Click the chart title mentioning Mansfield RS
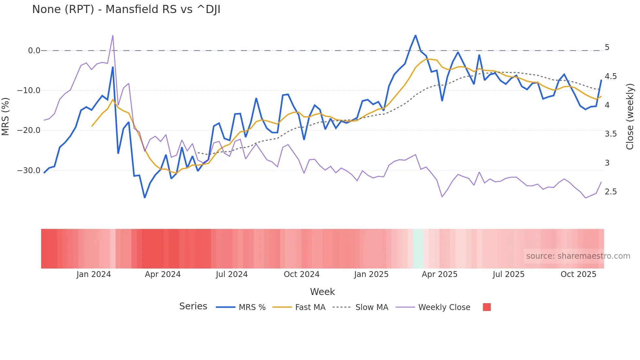[126, 9]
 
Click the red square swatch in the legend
[487, 307]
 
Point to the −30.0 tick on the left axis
[29, 171]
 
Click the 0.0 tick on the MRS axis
[34, 51]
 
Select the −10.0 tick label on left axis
[29, 90]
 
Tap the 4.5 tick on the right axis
[611, 76]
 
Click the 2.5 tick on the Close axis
[611, 192]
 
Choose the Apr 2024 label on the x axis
[163, 274]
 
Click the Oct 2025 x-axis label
[578, 274]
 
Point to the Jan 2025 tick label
[371, 274]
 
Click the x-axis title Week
[322, 292]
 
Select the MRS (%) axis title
[6, 117]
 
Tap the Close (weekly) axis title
[630, 117]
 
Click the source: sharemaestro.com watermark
[578, 256]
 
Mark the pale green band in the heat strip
[418, 249]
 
